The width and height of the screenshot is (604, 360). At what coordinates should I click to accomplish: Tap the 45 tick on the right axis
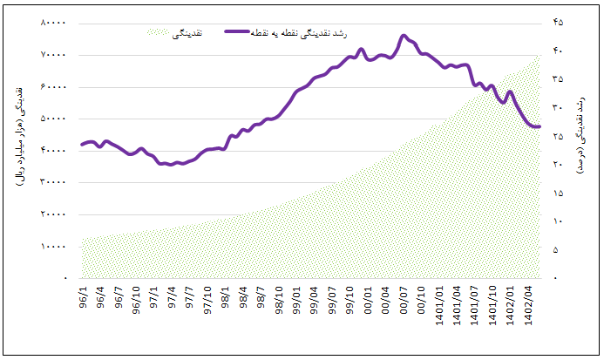tap(558, 23)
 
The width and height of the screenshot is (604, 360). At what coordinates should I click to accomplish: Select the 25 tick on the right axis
tap(558, 136)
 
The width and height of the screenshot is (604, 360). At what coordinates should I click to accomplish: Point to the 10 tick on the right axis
tap(558, 221)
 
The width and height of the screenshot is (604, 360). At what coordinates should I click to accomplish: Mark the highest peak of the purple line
tap(404, 36)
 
